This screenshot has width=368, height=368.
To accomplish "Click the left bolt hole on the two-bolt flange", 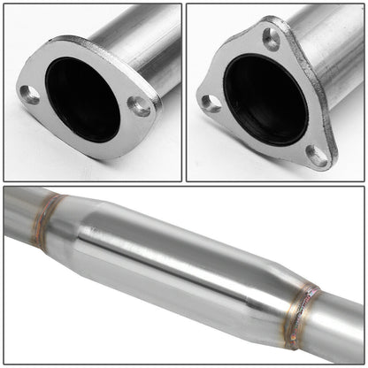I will coord(31,95).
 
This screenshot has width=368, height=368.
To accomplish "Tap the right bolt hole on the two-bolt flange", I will coord(139,107).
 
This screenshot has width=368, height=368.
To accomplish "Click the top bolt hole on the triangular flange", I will coord(271,38).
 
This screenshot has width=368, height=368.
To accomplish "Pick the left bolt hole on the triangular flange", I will coord(211,102).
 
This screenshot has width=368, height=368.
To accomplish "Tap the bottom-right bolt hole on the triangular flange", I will coord(317,155).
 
